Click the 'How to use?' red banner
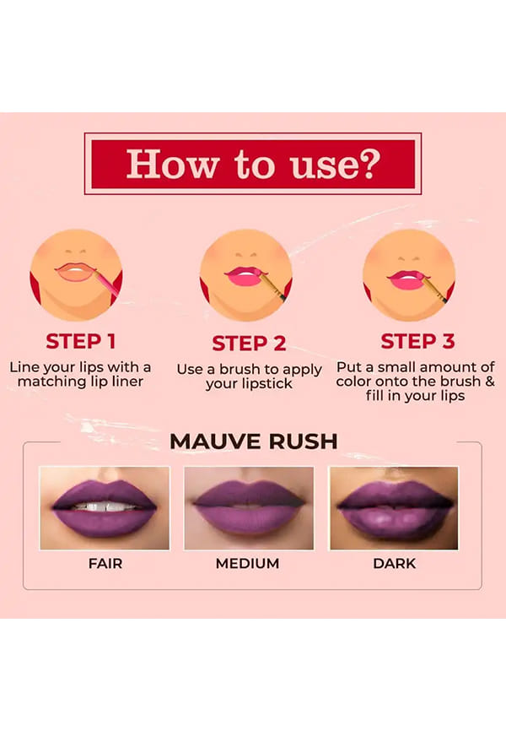(253, 164)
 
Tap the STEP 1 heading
(81, 341)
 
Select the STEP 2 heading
(249, 344)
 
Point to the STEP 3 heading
(417, 341)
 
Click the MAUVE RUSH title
(254, 441)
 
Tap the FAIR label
(105, 564)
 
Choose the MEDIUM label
(247, 564)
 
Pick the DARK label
(394, 564)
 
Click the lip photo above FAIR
(105, 508)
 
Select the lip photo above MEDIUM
(249, 508)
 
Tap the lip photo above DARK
(394, 508)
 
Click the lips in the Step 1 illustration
(75, 273)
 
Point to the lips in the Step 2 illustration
(244, 277)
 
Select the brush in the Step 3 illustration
(433, 288)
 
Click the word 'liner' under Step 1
(127, 382)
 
